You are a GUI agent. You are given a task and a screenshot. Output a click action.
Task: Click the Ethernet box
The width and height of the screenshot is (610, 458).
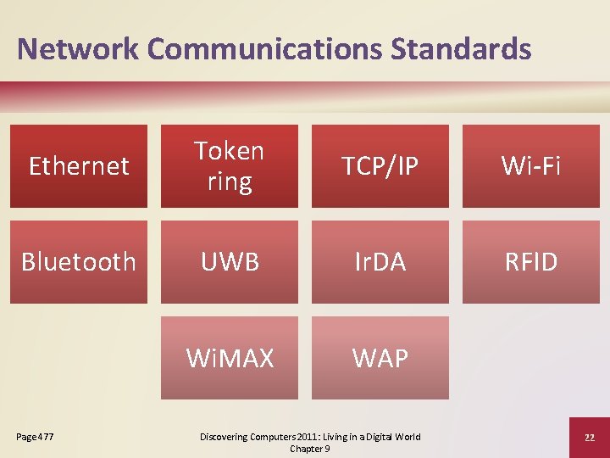(79, 166)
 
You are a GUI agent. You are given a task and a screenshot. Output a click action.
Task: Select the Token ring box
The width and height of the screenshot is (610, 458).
(230, 166)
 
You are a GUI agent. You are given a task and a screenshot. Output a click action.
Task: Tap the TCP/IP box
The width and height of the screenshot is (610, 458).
(380, 166)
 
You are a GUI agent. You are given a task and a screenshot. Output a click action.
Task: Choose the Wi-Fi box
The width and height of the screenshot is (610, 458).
(531, 166)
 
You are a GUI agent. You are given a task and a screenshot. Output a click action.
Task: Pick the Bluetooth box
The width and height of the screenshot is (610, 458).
(79, 262)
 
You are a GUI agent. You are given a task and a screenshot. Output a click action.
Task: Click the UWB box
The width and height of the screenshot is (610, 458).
(230, 262)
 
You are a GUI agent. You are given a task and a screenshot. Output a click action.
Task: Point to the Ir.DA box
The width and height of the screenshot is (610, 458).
(380, 262)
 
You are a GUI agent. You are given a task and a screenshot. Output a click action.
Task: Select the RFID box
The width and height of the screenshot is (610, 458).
(531, 262)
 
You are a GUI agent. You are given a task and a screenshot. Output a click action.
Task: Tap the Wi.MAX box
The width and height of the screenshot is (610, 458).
(230, 358)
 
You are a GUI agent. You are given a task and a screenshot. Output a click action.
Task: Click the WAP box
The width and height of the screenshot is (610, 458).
(380, 358)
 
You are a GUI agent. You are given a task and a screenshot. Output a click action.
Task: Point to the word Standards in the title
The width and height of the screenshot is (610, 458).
(461, 48)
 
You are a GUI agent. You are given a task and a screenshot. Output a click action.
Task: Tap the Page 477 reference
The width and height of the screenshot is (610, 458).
(35, 437)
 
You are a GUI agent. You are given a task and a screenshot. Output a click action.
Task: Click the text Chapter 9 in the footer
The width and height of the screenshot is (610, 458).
(310, 449)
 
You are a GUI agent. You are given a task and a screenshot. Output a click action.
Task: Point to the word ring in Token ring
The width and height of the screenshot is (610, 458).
(230, 182)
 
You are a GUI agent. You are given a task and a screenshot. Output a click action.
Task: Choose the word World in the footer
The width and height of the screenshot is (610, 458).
(405, 437)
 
